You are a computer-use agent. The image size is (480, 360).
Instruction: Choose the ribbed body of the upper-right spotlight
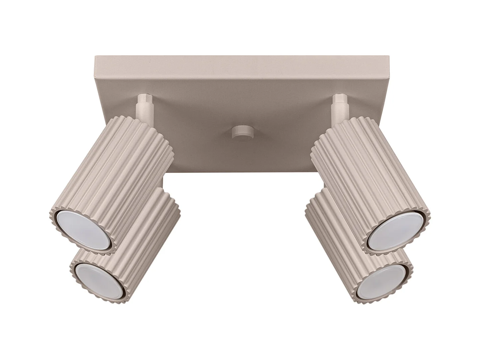pos(366,173)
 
